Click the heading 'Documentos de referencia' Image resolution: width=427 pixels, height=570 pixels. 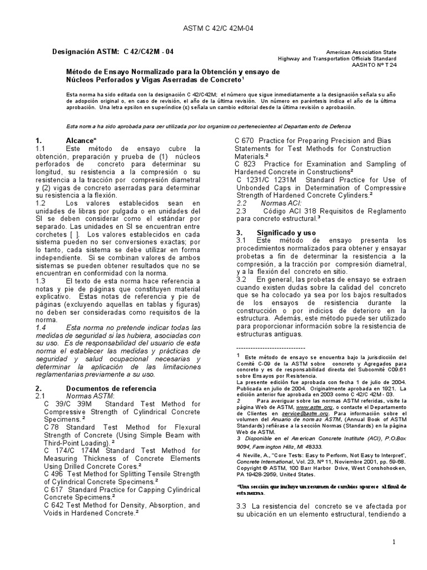(111, 387)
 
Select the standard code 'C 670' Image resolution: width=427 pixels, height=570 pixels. (245, 141)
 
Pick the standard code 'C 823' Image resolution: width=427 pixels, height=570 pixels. (245, 164)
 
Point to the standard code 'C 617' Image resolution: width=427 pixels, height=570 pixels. (54, 489)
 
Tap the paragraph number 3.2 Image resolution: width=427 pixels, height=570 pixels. (241, 278)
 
